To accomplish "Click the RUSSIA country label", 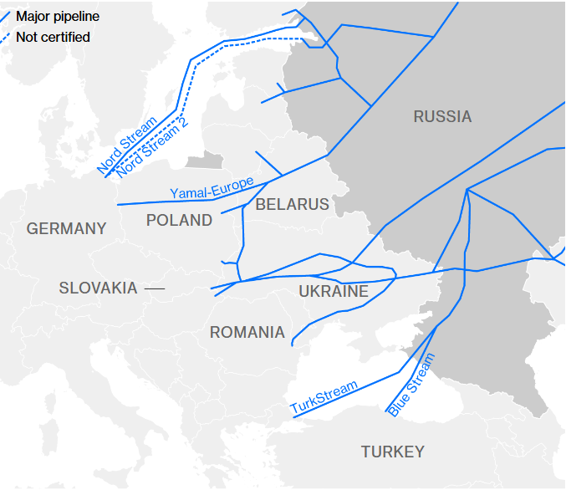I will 442,117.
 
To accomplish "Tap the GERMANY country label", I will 67,228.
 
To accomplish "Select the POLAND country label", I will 179,221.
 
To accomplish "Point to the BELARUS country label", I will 292,204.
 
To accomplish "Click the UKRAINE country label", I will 334,292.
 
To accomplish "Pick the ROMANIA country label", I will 247,333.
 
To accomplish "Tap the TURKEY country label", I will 392,452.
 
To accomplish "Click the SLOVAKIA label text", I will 98,288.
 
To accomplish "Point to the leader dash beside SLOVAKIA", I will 155,288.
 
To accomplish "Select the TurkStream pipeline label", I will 324,397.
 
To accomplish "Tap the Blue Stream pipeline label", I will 411,385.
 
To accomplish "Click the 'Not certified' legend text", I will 53,37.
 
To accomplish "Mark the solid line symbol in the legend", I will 4,15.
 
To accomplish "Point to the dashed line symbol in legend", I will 4,37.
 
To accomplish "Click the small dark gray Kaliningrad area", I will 206,161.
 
